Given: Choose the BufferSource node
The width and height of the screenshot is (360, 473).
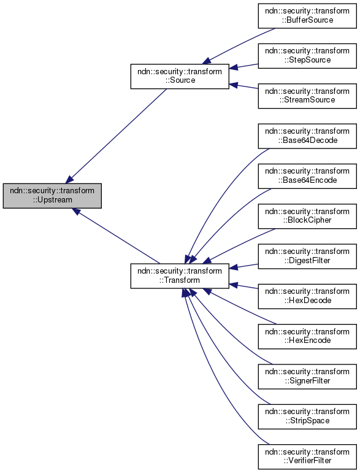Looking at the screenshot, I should tap(307, 15).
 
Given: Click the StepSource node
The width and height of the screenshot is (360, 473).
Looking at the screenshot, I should tap(307, 55).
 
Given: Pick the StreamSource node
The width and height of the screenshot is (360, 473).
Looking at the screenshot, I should tap(307, 95).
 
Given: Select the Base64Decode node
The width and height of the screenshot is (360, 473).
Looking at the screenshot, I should tap(307, 136).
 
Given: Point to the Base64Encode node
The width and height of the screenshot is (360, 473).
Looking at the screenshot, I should tap(307, 175).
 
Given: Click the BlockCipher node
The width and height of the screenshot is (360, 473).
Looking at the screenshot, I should tap(307, 215).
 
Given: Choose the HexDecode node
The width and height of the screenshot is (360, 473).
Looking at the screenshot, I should tap(307, 296).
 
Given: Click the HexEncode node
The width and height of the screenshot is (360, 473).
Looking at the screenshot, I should tap(307, 336).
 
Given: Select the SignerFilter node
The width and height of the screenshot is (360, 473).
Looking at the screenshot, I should tap(307, 376).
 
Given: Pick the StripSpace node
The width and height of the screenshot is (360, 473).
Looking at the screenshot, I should tap(307, 416).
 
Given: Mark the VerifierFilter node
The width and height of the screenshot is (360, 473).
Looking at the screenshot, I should tap(307, 456).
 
